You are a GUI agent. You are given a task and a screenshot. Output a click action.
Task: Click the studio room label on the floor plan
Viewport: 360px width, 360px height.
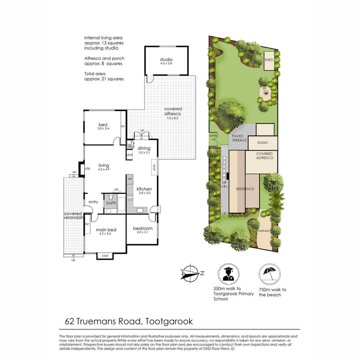[166, 60]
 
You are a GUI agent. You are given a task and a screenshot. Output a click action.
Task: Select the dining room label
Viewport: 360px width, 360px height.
[144, 148]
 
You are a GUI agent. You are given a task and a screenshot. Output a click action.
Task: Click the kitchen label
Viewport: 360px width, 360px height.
[144, 189]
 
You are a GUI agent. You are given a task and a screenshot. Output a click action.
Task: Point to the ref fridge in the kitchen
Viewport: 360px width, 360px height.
[130, 179]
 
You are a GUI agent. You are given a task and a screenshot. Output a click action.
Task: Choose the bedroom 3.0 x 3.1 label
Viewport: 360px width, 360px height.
[143, 228]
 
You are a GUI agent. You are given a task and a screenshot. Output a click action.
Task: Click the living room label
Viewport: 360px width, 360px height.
[104, 165]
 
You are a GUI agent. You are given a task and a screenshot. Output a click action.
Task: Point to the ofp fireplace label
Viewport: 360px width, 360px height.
[88, 168]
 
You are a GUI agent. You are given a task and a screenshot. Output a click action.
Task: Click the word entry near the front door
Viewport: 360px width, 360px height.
[93, 202]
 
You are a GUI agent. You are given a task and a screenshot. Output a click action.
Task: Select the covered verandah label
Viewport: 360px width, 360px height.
[73, 216]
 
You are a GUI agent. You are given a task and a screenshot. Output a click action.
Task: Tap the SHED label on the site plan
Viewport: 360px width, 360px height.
[269, 60]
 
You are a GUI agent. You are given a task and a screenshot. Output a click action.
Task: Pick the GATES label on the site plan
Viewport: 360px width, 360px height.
[213, 136]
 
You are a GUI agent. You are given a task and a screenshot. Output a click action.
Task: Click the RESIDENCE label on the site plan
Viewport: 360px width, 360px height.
[245, 189]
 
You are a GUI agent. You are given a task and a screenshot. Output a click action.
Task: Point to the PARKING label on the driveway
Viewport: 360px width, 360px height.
[263, 231]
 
